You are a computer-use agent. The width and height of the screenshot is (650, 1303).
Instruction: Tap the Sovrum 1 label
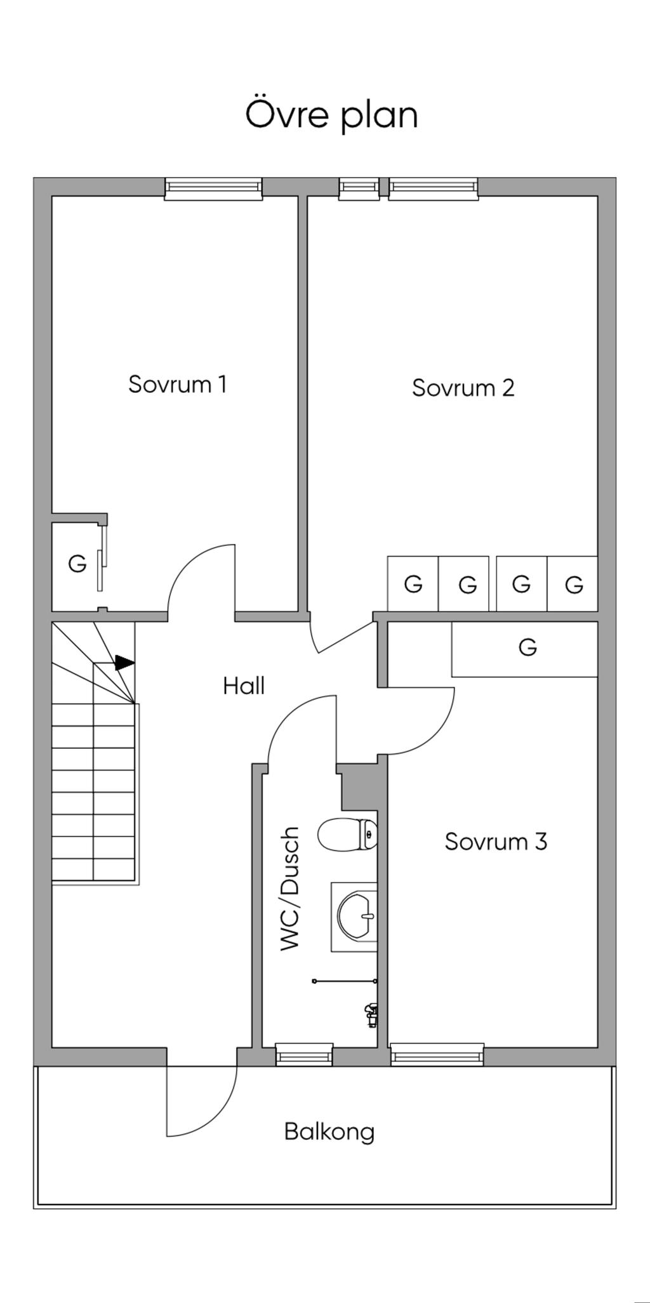point(177,384)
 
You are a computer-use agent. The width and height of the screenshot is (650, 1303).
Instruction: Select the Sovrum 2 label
point(463,388)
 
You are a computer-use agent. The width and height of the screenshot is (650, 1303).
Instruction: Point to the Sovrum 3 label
point(496,842)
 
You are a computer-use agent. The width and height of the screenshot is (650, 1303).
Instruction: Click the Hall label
point(244,685)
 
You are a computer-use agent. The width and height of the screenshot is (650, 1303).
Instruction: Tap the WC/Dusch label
point(289,889)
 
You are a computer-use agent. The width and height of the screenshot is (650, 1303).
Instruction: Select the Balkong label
point(329,1132)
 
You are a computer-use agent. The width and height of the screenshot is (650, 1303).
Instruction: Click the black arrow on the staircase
point(124,663)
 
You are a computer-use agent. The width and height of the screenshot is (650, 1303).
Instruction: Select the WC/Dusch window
point(304,1055)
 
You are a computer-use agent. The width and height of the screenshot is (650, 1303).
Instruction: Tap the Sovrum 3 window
point(437,1055)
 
